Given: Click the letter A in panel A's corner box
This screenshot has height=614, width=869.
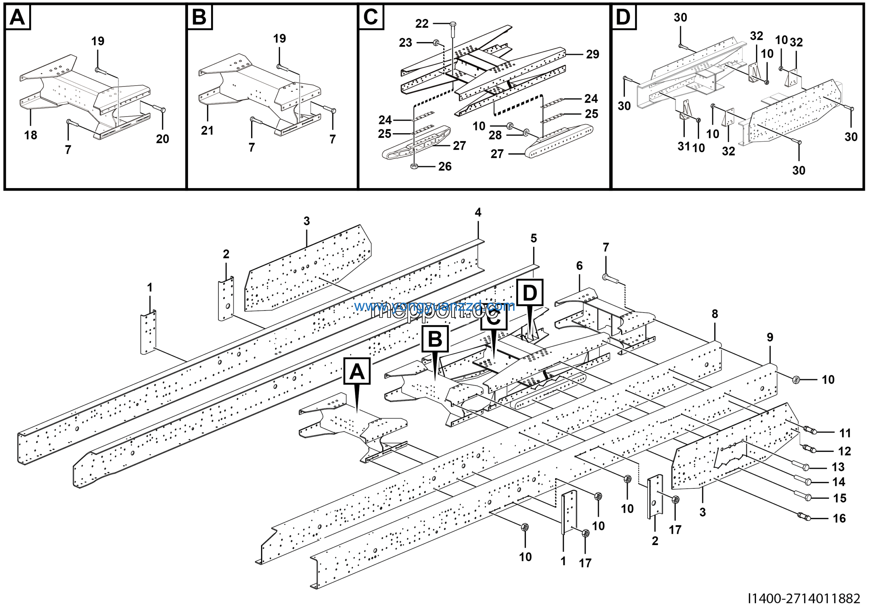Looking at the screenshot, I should pyautogui.click(x=17, y=17).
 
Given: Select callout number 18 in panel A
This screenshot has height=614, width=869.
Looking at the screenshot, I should pyautogui.click(x=31, y=135).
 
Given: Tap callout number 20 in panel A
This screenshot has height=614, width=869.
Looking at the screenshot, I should pyautogui.click(x=162, y=139).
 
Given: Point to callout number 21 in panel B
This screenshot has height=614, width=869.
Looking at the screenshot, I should pyautogui.click(x=207, y=131).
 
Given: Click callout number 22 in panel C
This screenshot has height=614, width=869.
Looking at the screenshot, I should pyautogui.click(x=422, y=24).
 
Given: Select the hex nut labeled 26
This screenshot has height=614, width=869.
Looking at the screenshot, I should pyautogui.click(x=414, y=166).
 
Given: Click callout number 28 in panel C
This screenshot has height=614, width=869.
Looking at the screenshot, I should pyautogui.click(x=495, y=135).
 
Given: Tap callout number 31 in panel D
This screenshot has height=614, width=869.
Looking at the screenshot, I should pyautogui.click(x=684, y=146).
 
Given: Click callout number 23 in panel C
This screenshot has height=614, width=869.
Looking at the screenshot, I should pyautogui.click(x=405, y=43).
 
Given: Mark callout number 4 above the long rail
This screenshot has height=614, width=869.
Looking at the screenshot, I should pyautogui.click(x=478, y=212).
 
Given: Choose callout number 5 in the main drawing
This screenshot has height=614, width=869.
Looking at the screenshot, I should pyautogui.click(x=533, y=238).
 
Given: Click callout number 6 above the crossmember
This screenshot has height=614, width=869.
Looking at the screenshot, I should pyautogui.click(x=579, y=266).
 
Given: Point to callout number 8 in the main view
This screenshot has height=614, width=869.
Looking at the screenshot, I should pyautogui.click(x=715, y=314).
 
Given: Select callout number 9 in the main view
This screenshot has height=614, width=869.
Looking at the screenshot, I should pyautogui.click(x=770, y=337).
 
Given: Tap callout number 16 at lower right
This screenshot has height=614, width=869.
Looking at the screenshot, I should pyautogui.click(x=839, y=518).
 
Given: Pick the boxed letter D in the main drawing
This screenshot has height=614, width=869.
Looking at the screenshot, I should pyautogui.click(x=530, y=293).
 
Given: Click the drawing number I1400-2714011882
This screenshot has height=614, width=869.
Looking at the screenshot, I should pyautogui.click(x=804, y=598).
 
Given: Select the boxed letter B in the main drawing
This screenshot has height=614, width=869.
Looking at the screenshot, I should pyautogui.click(x=435, y=339).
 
